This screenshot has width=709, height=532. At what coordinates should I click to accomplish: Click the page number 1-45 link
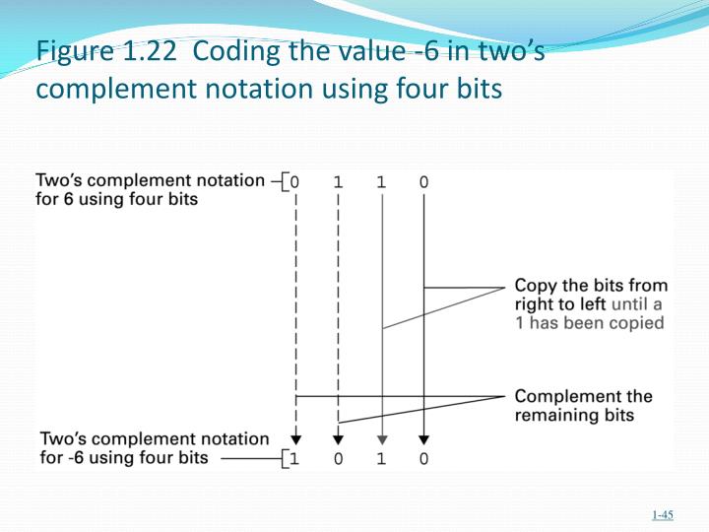click(662, 514)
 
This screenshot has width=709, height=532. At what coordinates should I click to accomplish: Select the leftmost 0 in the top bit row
click(295, 182)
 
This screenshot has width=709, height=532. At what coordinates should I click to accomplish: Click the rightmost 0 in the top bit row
click(423, 182)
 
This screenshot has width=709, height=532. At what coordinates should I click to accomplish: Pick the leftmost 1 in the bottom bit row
click(295, 458)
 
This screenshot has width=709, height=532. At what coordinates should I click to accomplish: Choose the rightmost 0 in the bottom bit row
click(423, 458)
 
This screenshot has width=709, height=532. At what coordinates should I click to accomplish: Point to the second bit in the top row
click(338, 182)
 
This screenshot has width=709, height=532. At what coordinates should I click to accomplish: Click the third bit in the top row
click(381, 182)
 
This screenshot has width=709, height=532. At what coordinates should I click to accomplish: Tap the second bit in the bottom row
click(338, 458)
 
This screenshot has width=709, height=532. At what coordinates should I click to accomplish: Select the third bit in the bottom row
click(381, 458)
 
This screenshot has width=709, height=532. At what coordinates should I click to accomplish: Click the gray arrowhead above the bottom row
click(381, 439)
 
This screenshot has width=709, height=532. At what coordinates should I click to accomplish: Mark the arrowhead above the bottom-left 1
click(295, 439)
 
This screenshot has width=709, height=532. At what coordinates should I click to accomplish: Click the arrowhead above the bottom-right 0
click(423, 439)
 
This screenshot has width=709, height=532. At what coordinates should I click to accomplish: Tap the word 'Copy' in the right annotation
click(536, 287)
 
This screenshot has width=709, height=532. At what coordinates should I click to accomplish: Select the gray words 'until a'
click(637, 304)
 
